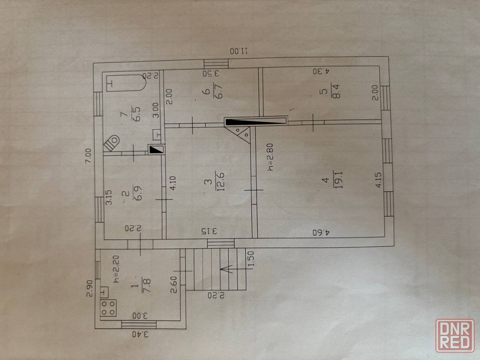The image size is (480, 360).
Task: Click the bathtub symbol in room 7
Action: coord(126,83)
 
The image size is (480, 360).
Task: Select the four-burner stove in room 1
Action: coord(108,307)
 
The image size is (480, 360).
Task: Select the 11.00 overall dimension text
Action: coord(239,51)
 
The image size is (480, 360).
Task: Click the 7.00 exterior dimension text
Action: coord(88,156)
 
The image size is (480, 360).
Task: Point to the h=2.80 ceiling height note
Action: coord(270,157)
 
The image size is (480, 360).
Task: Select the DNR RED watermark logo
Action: coord(455,335)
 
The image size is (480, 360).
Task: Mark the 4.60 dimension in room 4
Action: coord(321,232)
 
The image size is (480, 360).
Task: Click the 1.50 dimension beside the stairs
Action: coord(251,260)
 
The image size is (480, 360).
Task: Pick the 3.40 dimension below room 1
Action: coord(140,334)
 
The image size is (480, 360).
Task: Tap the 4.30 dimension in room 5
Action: coord(321,72)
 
